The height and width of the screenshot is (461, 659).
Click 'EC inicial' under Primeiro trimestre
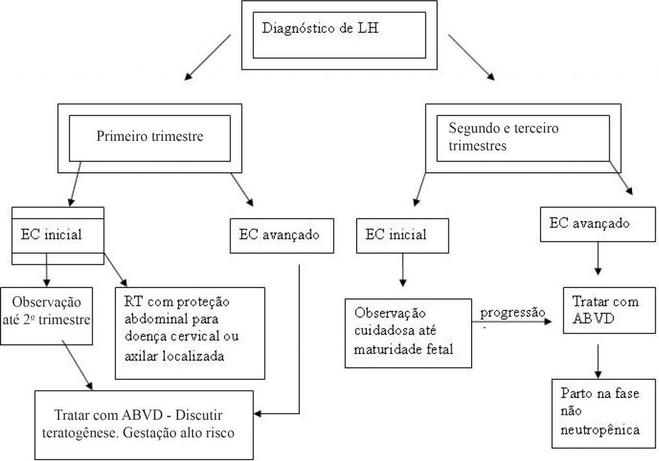[59, 235]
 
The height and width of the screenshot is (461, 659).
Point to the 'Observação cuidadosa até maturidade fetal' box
[408, 332]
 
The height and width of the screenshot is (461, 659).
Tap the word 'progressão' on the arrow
[511, 312]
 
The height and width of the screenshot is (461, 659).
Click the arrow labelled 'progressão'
[515, 323]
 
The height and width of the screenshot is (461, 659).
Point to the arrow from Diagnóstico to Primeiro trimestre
[207, 57]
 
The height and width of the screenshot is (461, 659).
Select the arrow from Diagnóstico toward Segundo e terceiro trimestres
[471, 57]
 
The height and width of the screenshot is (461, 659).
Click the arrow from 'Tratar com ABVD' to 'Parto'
[599, 360]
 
